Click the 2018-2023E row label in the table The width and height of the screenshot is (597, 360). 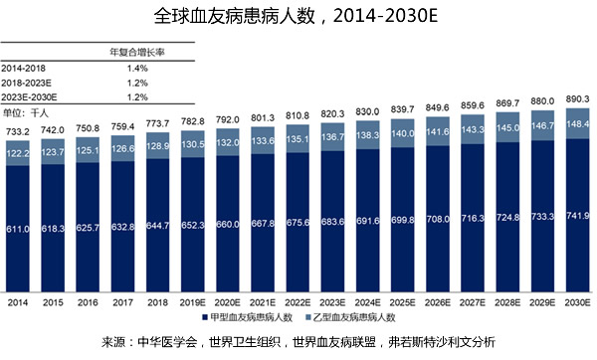[x=29, y=83]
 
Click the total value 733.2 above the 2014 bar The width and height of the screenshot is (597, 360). [x=18, y=130]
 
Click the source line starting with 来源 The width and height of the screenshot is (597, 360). [x=298, y=342]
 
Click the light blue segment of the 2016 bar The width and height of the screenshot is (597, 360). [x=89, y=150]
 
